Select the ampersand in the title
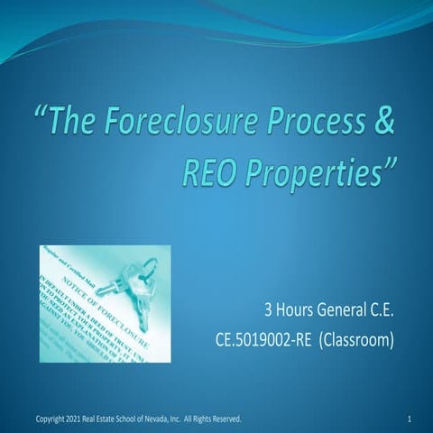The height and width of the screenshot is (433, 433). pyautogui.click(x=384, y=124)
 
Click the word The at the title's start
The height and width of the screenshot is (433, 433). pyautogui.click(x=77, y=124)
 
